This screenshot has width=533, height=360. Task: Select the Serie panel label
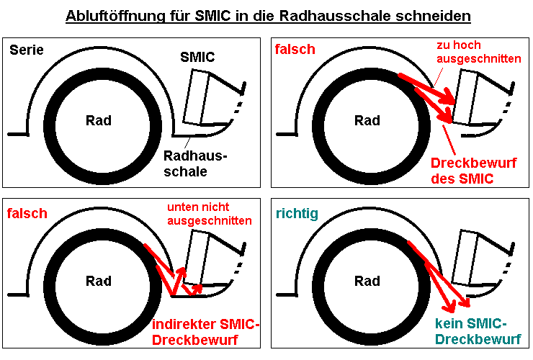[27, 50]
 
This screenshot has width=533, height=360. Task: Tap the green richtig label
[296, 213]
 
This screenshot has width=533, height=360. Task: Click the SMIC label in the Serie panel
[197, 58]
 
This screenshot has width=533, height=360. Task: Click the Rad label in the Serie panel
[99, 120]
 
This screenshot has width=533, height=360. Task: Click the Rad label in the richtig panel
[367, 281]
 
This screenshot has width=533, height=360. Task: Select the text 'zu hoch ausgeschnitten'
[478, 51]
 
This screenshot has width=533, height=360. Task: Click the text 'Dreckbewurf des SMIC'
[473, 171]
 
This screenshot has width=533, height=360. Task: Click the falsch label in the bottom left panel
[27, 213]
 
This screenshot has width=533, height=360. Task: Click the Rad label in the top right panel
[367, 120]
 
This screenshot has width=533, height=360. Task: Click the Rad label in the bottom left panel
[99, 281]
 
